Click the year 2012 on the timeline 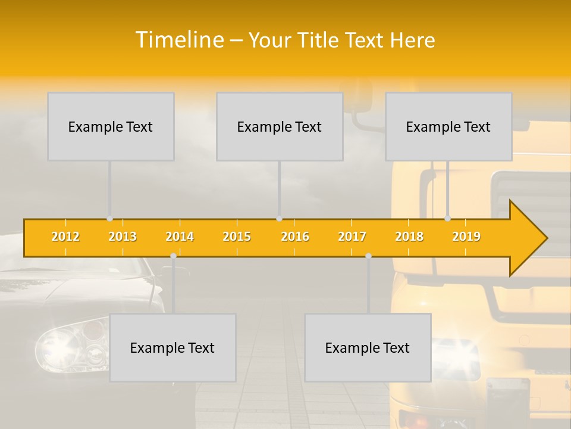[65, 237]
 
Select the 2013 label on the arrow [123, 237]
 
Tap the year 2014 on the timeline [180, 237]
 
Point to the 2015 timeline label [237, 237]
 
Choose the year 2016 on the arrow [295, 237]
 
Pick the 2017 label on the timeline [352, 237]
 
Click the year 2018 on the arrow [409, 237]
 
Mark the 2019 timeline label [466, 237]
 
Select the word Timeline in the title [179, 40]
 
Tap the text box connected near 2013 [111, 126]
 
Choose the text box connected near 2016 [280, 126]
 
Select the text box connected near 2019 [448, 126]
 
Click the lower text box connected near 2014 [172, 347]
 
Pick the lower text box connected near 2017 [368, 347]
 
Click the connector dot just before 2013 [109, 219]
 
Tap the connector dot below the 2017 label [368, 256]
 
